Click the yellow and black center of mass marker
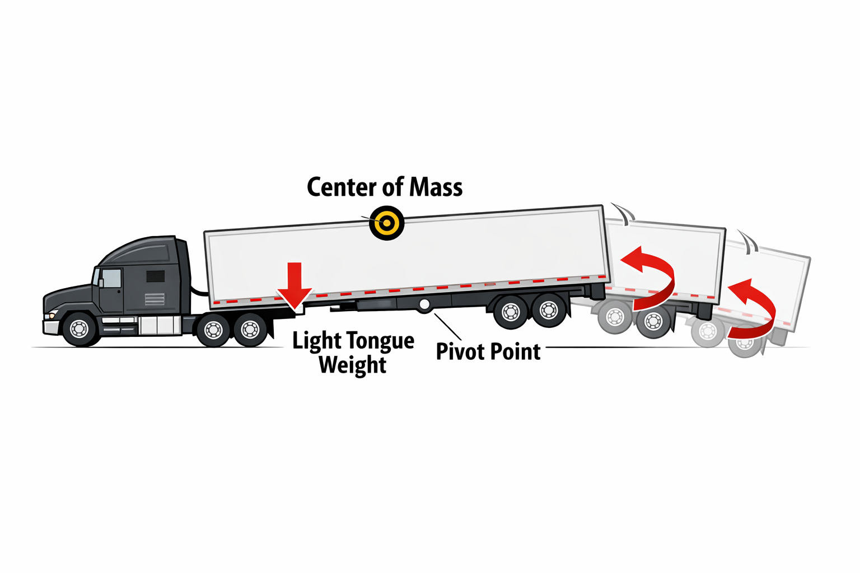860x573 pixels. click(387, 223)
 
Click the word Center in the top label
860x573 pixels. click(342, 187)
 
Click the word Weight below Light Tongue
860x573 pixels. click(353, 365)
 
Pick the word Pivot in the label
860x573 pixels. click(460, 352)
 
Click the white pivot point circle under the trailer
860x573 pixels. click(424, 305)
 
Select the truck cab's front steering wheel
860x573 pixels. click(80, 328)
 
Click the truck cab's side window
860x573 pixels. click(111, 278)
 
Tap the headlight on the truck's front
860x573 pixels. click(53, 314)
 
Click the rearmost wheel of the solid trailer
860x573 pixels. click(548, 310)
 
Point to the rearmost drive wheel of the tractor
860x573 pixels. click(250, 330)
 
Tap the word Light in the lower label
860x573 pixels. click(316, 341)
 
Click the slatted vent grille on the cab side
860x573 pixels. click(155, 299)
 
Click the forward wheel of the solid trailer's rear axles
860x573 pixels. click(511, 312)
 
